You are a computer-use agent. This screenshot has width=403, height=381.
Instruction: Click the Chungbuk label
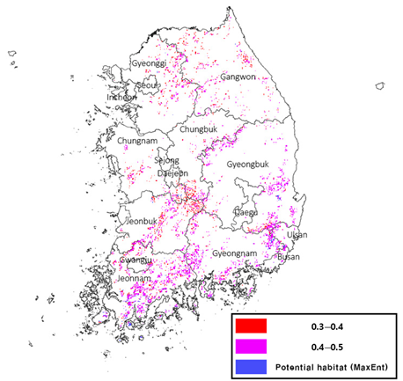click(197, 129)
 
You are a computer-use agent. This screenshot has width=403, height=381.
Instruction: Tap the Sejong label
click(166, 160)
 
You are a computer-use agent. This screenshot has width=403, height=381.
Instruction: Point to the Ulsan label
click(297, 235)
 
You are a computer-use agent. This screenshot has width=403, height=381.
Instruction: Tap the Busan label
click(288, 257)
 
